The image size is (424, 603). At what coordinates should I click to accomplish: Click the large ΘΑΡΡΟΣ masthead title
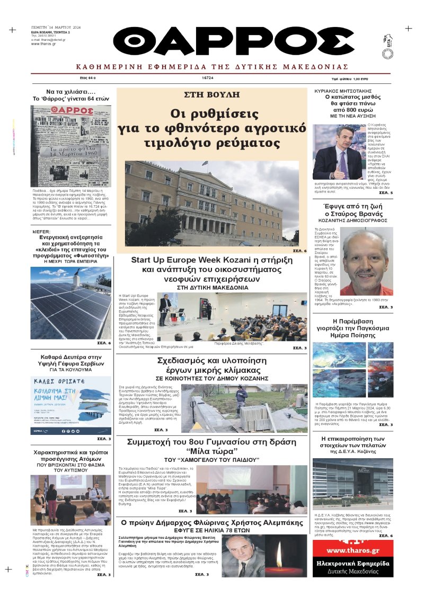coord(234,41)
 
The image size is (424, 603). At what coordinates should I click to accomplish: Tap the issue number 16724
coord(207,77)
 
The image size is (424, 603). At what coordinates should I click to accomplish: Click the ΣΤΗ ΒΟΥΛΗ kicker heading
coord(211,95)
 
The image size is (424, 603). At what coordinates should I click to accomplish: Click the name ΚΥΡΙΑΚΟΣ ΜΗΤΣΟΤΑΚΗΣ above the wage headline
coord(353,91)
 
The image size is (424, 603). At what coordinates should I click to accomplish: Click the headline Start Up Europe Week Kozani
coord(211,260)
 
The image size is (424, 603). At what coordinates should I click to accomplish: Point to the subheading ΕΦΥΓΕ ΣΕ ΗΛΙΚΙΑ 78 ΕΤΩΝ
coord(211,531)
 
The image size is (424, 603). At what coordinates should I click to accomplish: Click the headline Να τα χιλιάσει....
coord(70,91)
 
